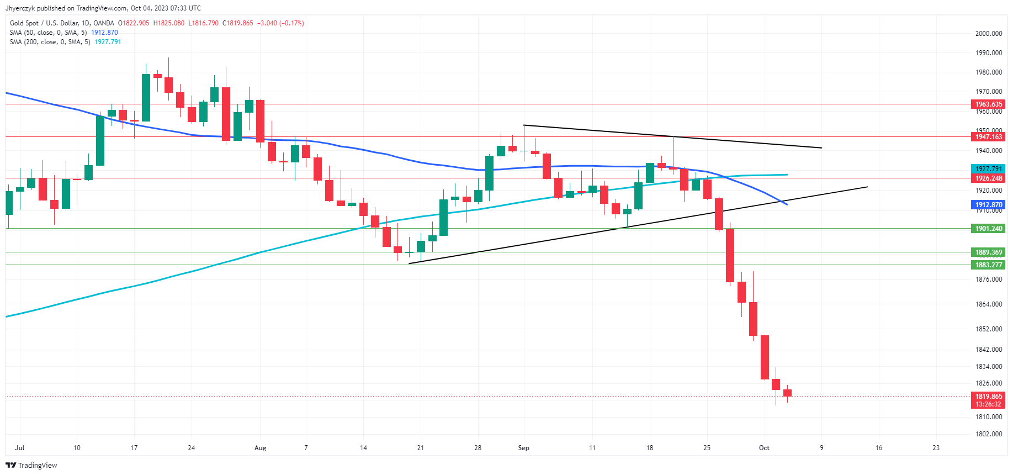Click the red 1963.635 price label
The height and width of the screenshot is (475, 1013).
988,104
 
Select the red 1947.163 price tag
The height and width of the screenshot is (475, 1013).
988,137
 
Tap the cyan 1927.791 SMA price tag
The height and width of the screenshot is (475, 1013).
988,169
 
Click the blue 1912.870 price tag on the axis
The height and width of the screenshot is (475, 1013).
988,205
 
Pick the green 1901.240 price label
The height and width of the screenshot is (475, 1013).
988,229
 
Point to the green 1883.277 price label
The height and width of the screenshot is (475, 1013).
988,265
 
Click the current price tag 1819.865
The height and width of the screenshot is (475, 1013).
988,397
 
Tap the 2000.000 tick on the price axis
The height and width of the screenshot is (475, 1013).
988,34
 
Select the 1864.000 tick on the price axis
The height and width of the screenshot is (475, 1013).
988,304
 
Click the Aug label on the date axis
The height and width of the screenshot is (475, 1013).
260,448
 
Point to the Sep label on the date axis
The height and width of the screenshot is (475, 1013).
523,448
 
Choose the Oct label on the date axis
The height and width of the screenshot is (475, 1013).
764,448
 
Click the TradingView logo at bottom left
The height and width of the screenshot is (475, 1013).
31,465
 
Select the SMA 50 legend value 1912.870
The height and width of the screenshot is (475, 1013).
104,33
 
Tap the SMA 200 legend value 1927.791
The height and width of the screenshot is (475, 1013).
108,42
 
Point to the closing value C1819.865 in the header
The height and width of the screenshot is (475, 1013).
238,23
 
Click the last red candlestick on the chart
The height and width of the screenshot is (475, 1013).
787,393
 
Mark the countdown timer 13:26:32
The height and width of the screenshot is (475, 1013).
988,404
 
